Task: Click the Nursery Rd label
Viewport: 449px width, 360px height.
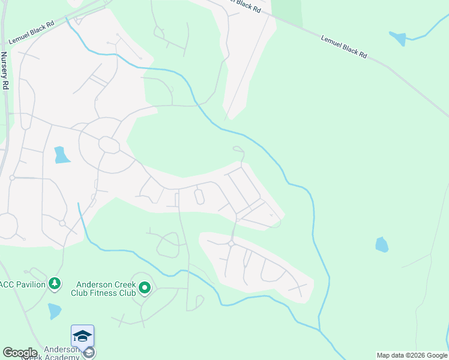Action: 4,71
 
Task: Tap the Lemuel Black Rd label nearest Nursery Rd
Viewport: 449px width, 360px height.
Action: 31,33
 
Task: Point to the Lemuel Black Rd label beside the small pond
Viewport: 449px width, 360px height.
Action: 344,46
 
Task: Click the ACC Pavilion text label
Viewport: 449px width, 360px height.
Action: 23,284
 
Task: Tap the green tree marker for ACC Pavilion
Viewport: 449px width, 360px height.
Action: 55,283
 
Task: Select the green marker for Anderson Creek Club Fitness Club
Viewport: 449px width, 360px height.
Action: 144,289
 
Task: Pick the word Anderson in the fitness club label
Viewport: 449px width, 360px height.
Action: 100,284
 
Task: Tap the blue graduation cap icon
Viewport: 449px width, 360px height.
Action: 82,335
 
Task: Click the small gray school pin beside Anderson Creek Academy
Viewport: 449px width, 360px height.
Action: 88,353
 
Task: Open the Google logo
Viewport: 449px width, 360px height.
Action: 20,353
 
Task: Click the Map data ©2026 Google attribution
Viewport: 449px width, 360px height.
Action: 412,355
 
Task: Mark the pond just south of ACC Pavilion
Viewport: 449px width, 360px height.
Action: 54,311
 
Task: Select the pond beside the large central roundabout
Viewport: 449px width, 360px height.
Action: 61,155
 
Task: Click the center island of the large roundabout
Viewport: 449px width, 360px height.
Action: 109,145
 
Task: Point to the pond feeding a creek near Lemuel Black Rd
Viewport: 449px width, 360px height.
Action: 398,38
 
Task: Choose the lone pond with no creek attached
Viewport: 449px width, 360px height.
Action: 382,244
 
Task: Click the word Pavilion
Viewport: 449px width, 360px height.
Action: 31,284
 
